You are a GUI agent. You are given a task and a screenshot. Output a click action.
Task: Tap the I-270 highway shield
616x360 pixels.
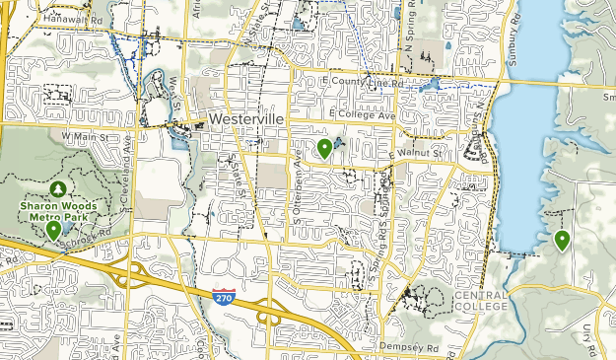pos(225,295)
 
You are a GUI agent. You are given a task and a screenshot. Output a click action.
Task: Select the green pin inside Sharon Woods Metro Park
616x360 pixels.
pos(53,231)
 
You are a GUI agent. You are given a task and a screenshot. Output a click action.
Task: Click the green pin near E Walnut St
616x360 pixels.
pos(324,149)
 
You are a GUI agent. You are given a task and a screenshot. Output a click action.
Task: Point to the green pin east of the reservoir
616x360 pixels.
pos(563,240)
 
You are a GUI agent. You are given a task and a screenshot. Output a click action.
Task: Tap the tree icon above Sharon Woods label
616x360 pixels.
pos(57,187)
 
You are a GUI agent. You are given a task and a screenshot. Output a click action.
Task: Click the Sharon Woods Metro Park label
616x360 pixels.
pos(56,210)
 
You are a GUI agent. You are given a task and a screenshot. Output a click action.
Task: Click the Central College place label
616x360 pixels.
pos(481,300)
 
